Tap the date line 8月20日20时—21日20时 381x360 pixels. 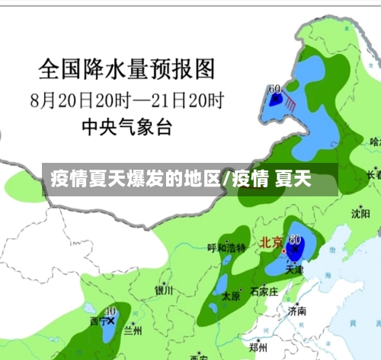(127, 99)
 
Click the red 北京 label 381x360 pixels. (271, 244)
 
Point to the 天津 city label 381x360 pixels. (294, 269)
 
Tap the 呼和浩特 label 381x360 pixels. (226, 248)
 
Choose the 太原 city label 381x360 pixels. (230, 298)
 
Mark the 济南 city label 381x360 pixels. (296, 311)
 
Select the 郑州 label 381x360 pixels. (258, 346)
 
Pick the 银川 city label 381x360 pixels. (165, 290)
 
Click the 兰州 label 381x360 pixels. (133, 330)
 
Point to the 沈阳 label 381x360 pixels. (360, 214)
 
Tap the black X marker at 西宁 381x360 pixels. (111, 321)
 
